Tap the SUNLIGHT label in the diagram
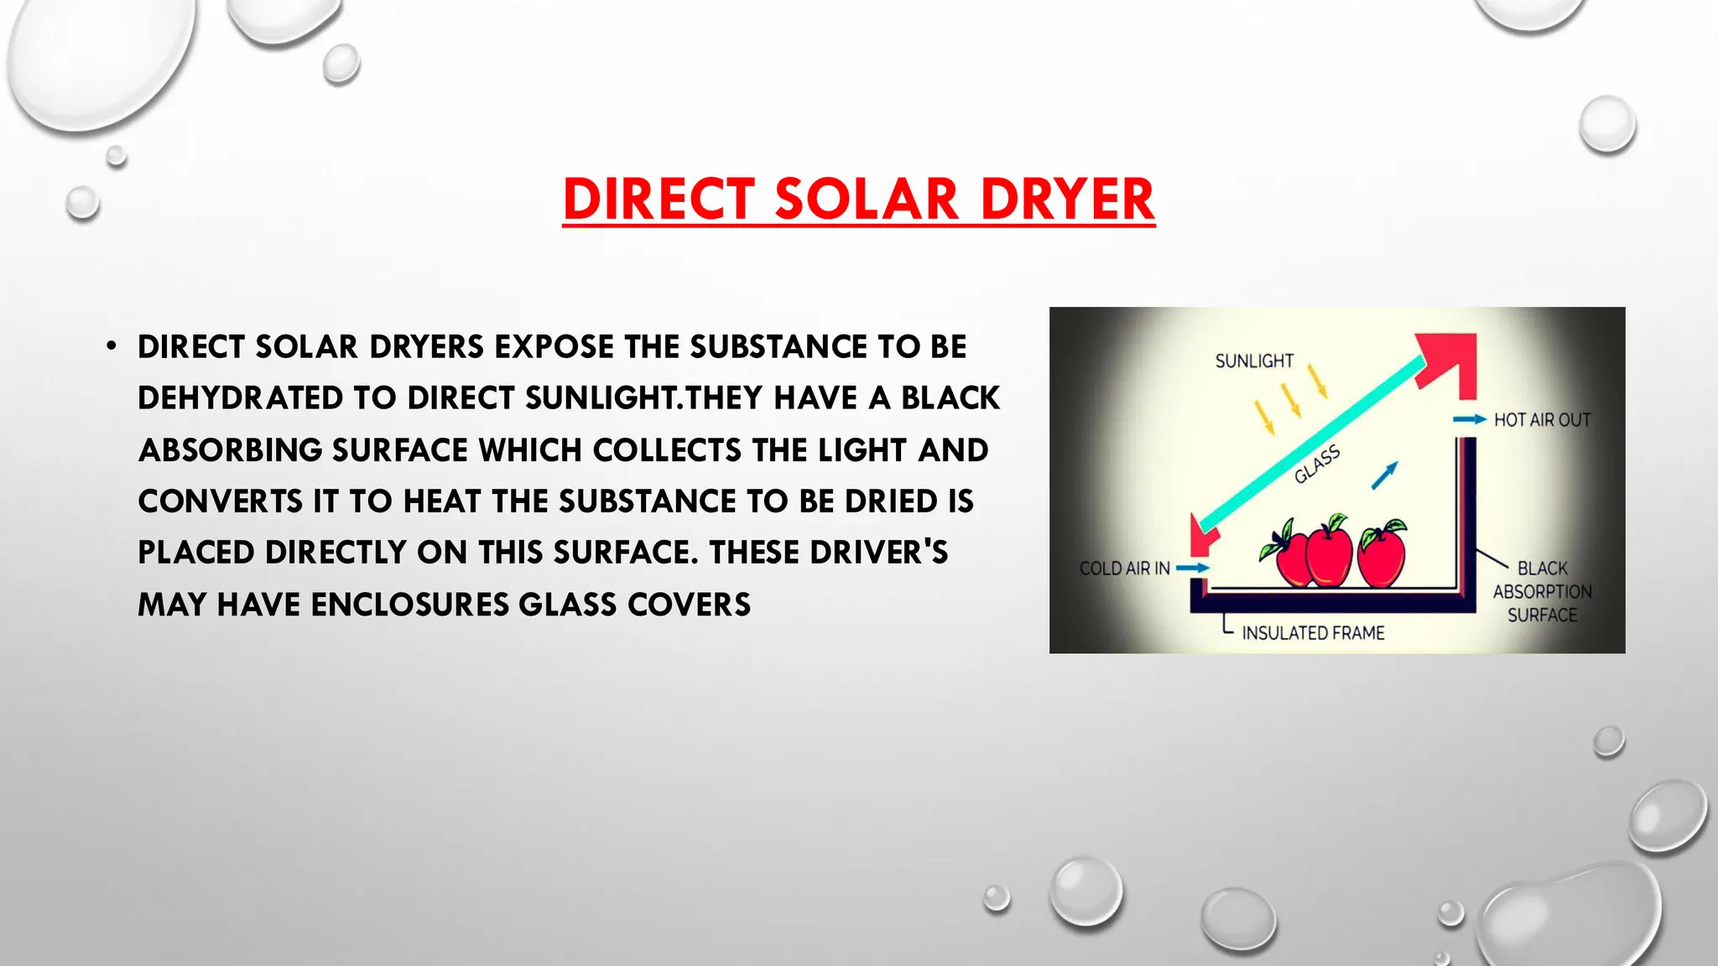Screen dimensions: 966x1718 pos(1254,361)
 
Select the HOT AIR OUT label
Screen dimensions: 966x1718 pos(1542,419)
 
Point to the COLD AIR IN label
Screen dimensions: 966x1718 pos(1124,569)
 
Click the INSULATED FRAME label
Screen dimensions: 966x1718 pos(1313,633)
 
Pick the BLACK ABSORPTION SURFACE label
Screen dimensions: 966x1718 pos(1542,591)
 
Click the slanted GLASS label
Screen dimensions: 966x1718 pos(1317,465)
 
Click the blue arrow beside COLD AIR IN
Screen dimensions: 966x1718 pos(1192,569)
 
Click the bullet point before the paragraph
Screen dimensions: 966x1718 pos(111,346)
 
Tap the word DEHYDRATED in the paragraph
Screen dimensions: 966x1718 pos(240,397)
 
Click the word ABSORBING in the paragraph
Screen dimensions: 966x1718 pos(230,449)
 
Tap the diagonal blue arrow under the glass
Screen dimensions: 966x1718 pos(1384,475)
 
